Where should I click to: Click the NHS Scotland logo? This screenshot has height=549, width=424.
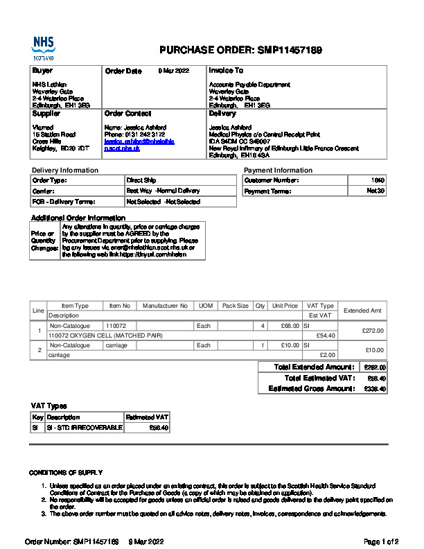point(43,49)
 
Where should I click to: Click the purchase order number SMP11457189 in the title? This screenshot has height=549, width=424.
point(289,51)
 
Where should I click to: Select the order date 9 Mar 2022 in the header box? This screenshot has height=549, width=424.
point(173,71)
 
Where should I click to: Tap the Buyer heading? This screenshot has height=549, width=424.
point(42,71)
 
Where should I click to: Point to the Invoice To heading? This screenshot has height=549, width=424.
point(226,71)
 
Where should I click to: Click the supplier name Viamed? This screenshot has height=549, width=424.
point(42,127)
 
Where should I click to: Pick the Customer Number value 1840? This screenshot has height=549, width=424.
point(378,180)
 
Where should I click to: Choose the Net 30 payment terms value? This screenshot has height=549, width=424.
point(376,191)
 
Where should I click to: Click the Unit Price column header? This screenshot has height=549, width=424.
point(285,306)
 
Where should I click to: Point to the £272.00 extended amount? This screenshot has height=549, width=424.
point(373,331)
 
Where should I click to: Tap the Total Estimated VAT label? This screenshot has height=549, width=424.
point(319,378)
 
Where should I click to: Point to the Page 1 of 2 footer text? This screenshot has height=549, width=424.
point(380,541)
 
